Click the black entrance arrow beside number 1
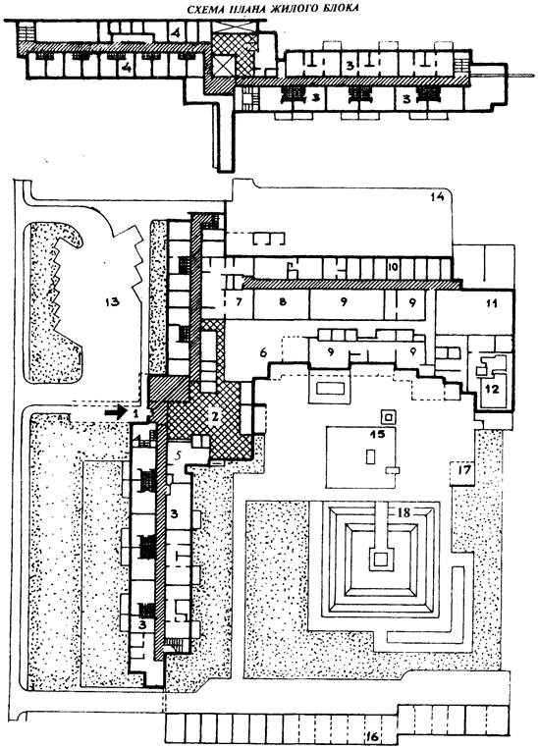tap(116, 412)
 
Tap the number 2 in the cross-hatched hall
tap(215, 416)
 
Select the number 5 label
tap(177, 455)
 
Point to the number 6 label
tap(263, 352)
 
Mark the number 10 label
tap(393, 267)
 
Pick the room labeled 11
tap(475, 310)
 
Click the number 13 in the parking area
tap(113, 302)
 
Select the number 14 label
tap(438, 196)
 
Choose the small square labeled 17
tap(462, 473)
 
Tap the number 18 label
tap(403, 513)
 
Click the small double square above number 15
tap(388, 417)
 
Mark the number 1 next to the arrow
tap(135, 413)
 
